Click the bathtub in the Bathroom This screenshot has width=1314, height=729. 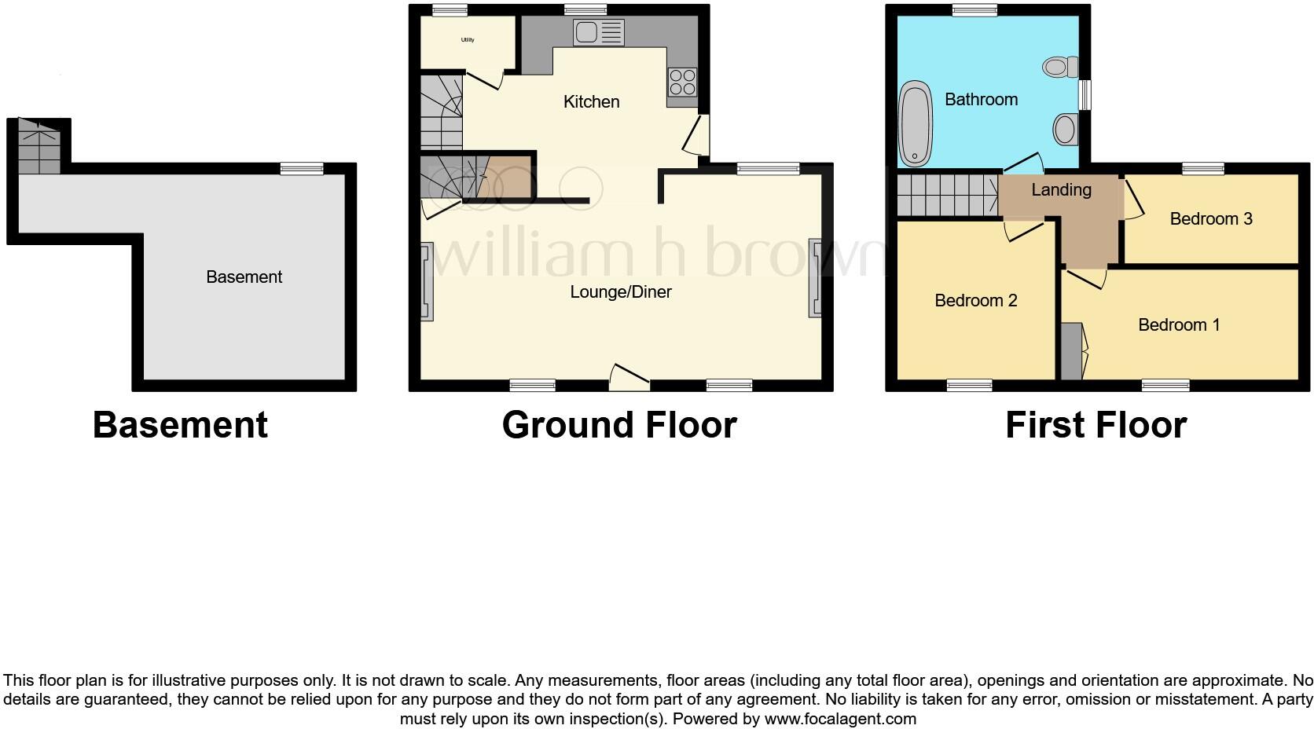[x=915, y=125]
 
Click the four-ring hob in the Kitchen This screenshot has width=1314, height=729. [x=681, y=82]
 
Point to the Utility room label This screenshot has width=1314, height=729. [x=468, y=40]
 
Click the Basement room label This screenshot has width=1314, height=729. [x=244, y=277]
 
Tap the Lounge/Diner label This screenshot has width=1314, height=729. [x=620, y=292]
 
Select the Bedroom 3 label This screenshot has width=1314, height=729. [x=1210, y=219]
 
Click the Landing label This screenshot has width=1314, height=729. [x=1061, y=190]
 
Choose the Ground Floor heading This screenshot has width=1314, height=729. [x=619, y=425]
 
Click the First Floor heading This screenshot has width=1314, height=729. [x=1096, y=425]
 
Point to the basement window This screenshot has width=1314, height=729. [x=303, y=168]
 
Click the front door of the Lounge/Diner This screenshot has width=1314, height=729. [x=629, y=378]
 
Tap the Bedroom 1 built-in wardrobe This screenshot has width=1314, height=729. [x=1071, y=351]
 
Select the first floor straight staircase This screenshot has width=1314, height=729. [x=947, y=195]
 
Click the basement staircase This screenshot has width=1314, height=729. [x=39, y=147]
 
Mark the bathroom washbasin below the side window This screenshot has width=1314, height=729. [x=1065, y=130]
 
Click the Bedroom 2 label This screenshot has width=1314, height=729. [x=975, y=301]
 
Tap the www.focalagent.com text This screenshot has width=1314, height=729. [x=839, y=719]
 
